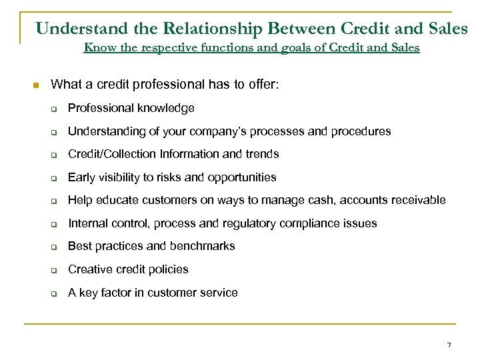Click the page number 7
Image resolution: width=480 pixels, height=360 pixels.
(x=449, y=344)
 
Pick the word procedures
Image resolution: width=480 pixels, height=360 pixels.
(x=361, y=131)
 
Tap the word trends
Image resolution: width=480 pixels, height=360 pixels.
(x=263, y=154)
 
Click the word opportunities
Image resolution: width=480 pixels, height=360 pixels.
(x=242, y=177)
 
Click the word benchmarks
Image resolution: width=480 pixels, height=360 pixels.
(x=203, y=246)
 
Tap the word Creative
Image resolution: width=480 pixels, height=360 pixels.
(x=88, y=269)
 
